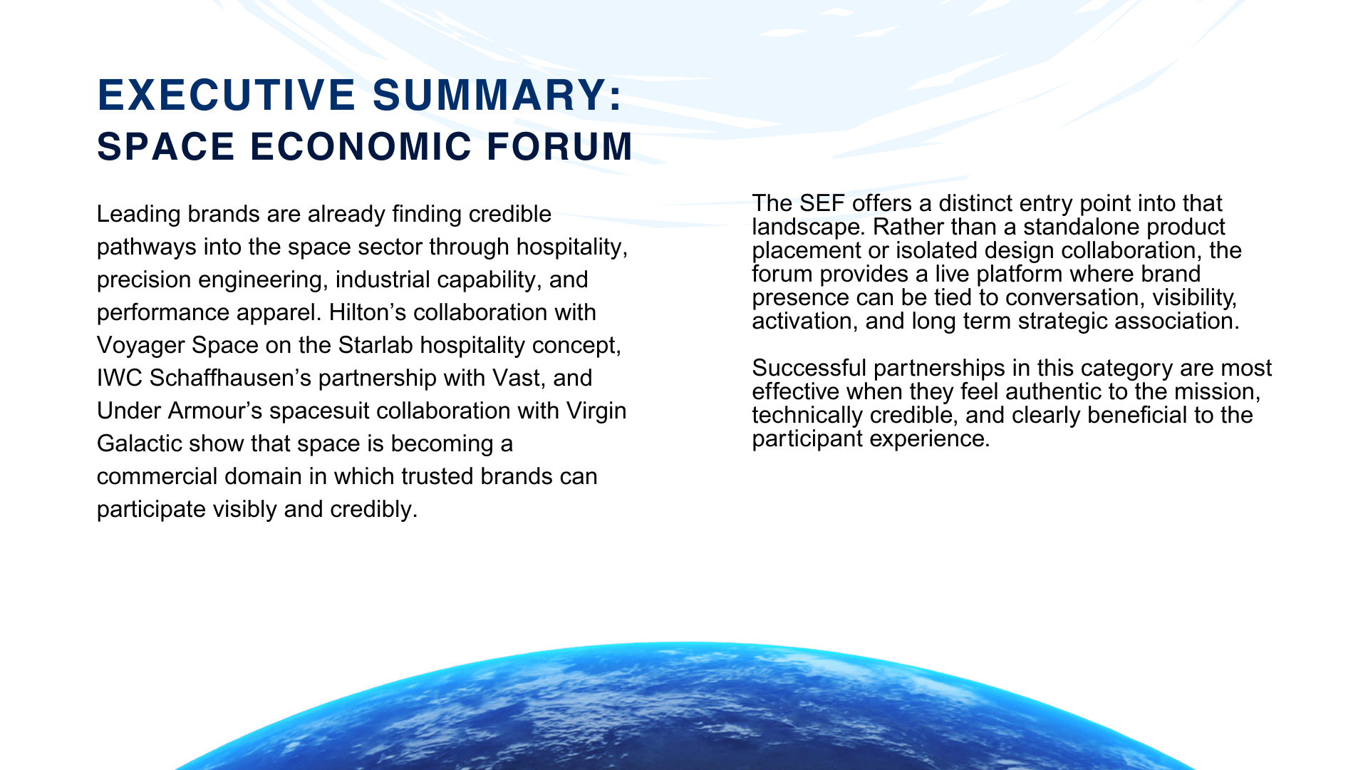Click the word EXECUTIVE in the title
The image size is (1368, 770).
point(227,96)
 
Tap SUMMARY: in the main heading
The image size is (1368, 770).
point(497,96)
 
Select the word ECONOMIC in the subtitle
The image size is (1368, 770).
point(361,147)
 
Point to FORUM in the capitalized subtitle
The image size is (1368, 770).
point(560,147)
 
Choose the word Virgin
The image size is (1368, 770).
point(596,411)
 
